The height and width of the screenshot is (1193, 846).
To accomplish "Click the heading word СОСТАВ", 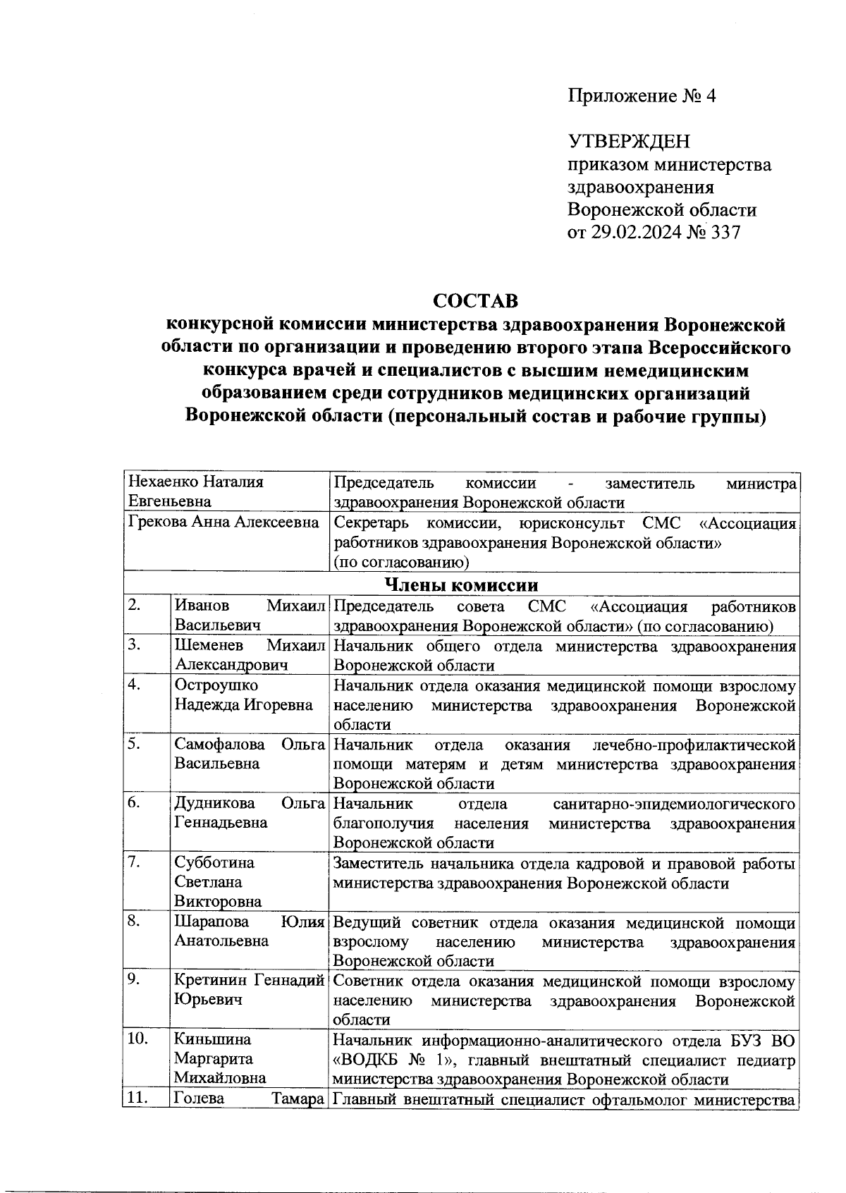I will pos(475,301).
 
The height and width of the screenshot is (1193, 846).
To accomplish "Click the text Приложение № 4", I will pos(642,97).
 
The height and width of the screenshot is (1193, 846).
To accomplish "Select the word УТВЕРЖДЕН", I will pos(629,142).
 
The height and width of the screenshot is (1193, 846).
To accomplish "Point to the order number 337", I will pos(725,232).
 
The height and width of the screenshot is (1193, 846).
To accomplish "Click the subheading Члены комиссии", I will pos(461,585).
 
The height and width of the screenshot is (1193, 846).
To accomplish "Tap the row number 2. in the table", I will pos(135,606).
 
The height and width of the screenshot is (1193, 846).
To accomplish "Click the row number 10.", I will pos(138,1039).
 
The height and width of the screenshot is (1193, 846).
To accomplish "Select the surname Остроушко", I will pos(216,685).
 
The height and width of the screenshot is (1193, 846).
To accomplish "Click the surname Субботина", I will pos(214,862).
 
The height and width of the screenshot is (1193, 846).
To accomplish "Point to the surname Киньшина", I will pos(213,1039).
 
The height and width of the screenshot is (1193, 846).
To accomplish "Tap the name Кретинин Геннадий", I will pos(249,980).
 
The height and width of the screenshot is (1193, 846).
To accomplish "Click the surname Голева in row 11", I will pos(199,1099).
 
